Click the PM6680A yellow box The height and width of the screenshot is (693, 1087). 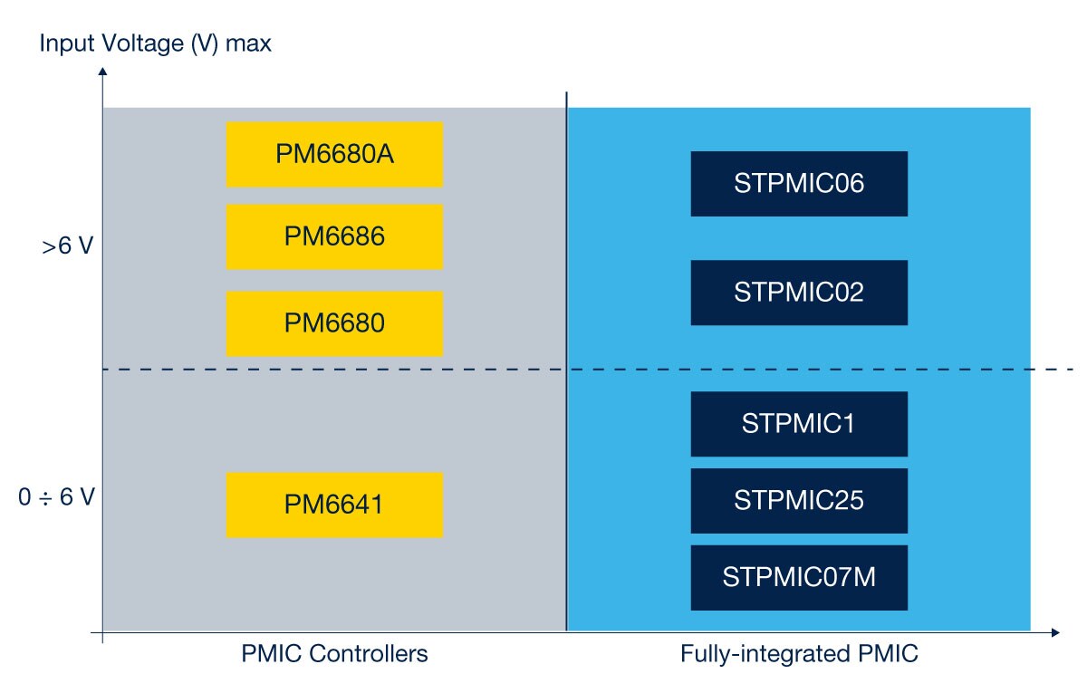pyautogui.click(x=333, y=154)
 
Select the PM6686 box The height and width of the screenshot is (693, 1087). pyautogui.click(x=333, y=236)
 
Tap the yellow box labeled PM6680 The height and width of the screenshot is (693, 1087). pyautogui.click(x=333, y=323)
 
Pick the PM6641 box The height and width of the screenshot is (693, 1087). pyautogui.click(x=333, y=505)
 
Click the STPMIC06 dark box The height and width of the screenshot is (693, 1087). pyautogui.click(x=798, y=184)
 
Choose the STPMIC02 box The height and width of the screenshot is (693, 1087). pyautogui.click(x=798, y=293)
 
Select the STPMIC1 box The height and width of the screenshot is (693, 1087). pyautogui.click(x=798, y=424)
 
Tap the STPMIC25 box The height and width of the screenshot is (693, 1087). pyautogui.click(x=798, y=500)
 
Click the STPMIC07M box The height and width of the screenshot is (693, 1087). pyautogui.click(x=798, y=577)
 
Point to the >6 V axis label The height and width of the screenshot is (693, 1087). pyautogui.click(x=67, y=247)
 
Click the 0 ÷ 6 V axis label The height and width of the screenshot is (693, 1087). pyautogui.click(x=56, y=498)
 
